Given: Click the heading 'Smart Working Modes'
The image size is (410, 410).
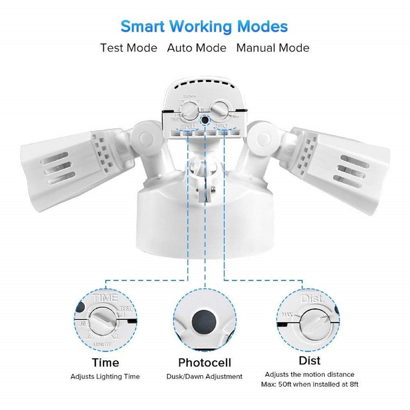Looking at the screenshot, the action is click(x=204, y=26).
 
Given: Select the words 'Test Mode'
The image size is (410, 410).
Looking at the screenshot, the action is click(x=129, y=48).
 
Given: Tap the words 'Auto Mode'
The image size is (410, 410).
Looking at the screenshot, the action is click(x=196, y=48).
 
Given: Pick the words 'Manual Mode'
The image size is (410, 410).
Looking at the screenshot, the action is click(x=273, y=48).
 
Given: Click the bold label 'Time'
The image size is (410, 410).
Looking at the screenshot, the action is click(x=105, y=363).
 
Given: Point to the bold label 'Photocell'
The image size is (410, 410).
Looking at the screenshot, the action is click(x=205, y=363).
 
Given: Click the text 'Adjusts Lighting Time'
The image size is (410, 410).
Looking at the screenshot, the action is click(x=105, y=377).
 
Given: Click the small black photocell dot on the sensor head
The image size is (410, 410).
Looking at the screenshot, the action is click(x=205, y=119).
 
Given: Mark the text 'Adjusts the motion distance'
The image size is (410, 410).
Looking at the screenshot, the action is click(x=310, y=375).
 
